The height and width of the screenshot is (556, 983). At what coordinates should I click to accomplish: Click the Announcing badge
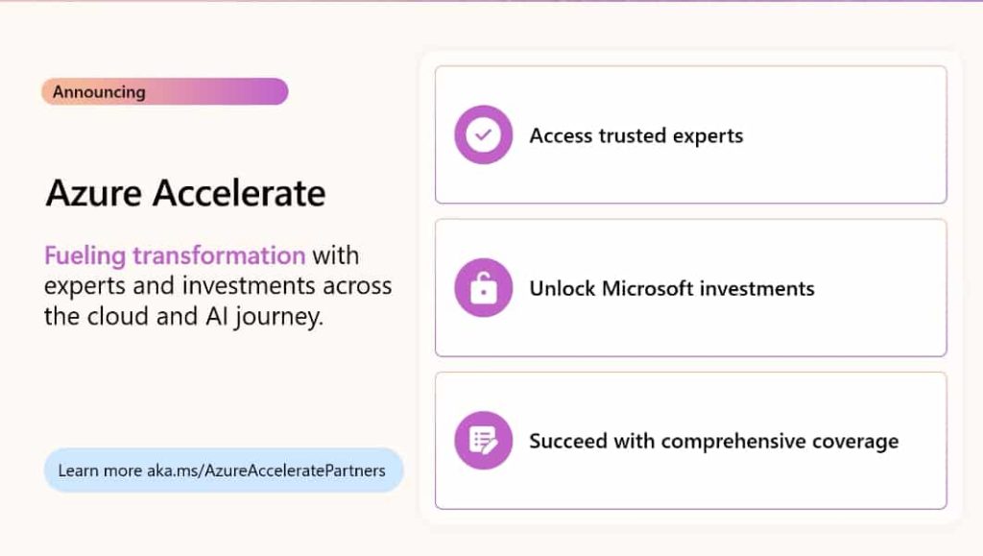click(x=164, y=92)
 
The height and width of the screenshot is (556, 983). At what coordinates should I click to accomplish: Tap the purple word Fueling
click(x=84, y=256)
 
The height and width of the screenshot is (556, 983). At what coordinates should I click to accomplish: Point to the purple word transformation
click(x=219, y=256)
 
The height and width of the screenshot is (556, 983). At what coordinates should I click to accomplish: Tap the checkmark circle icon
click(x=483, y=134)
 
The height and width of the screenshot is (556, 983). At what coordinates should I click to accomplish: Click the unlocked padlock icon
click(x=483, y=287)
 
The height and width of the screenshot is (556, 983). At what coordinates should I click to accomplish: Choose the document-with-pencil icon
click(x=483, y=441)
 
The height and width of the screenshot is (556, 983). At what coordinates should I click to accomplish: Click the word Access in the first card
click(x=562, y=135)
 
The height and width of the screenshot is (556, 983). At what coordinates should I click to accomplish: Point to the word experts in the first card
click(x=708, y=135)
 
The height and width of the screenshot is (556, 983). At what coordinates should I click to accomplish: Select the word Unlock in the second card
click(x=563, y=288)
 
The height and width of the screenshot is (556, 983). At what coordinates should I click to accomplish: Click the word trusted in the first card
click(x=634, y=135)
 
